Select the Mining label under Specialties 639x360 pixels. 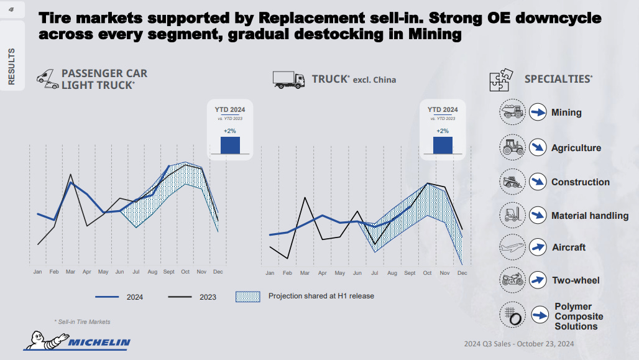[x=566, y=113]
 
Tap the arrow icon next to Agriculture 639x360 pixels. [x=537, y=147]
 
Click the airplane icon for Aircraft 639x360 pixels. [x=513, y=247]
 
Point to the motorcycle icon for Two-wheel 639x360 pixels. [x=513, y=280]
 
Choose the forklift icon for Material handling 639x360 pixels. [x=513, y=215]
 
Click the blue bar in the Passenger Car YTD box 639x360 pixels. [x=230, y=145]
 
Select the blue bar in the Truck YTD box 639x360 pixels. [x=443, y=145]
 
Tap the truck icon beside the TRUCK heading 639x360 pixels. [x=289, y=79]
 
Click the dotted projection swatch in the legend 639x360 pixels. [x=247, y=297]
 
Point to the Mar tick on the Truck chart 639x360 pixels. [x=305, y=273]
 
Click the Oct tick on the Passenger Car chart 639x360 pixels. [x=185, y=272]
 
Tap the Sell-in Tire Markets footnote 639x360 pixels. [x=82, y=321]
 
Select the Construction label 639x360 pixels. [x=580, y=182]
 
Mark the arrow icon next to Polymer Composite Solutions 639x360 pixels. [x=538, y=315]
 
